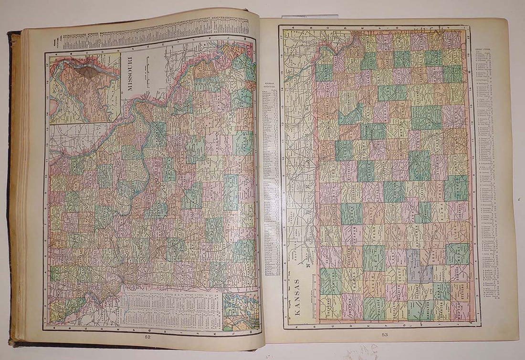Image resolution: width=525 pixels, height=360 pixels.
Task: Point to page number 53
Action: tap(385, 335)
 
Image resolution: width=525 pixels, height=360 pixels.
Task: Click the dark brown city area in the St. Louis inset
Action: tap(89, 72)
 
